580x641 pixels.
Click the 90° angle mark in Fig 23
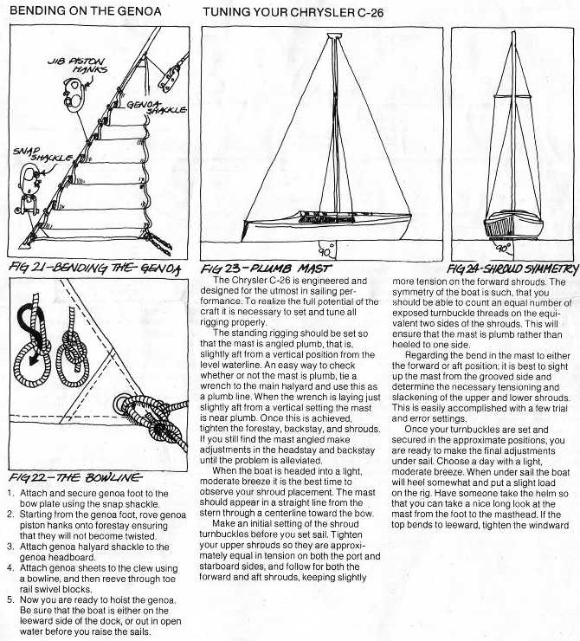tap(324, 251)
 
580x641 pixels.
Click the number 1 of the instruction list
tap(9, 492)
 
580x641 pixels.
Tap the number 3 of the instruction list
tap(9, 534)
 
